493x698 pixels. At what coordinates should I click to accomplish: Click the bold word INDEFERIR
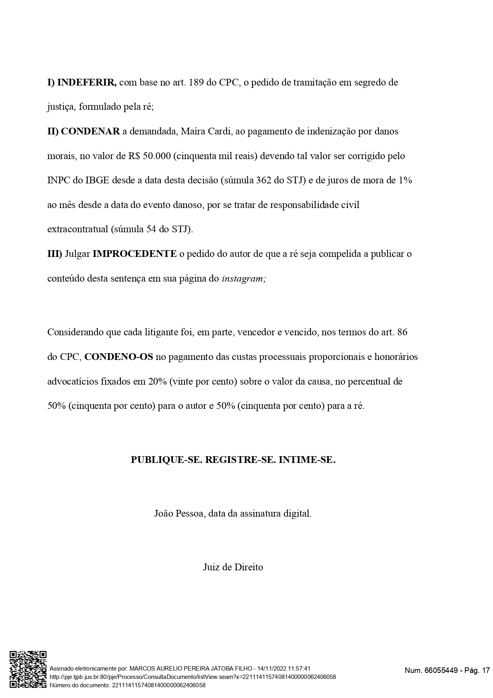(87, 83)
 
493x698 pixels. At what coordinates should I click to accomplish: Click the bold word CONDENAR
(90, 132)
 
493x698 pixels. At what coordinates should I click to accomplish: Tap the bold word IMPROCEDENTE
(134, 254)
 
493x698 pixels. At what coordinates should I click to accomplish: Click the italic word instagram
(243, 278)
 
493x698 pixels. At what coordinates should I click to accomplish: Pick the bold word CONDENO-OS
(118, 357)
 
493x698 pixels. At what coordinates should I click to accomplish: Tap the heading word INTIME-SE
(307, 460)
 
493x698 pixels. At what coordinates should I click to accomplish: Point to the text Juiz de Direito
(233, 567)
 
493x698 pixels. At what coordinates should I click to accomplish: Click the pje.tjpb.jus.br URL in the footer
(192, 677)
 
